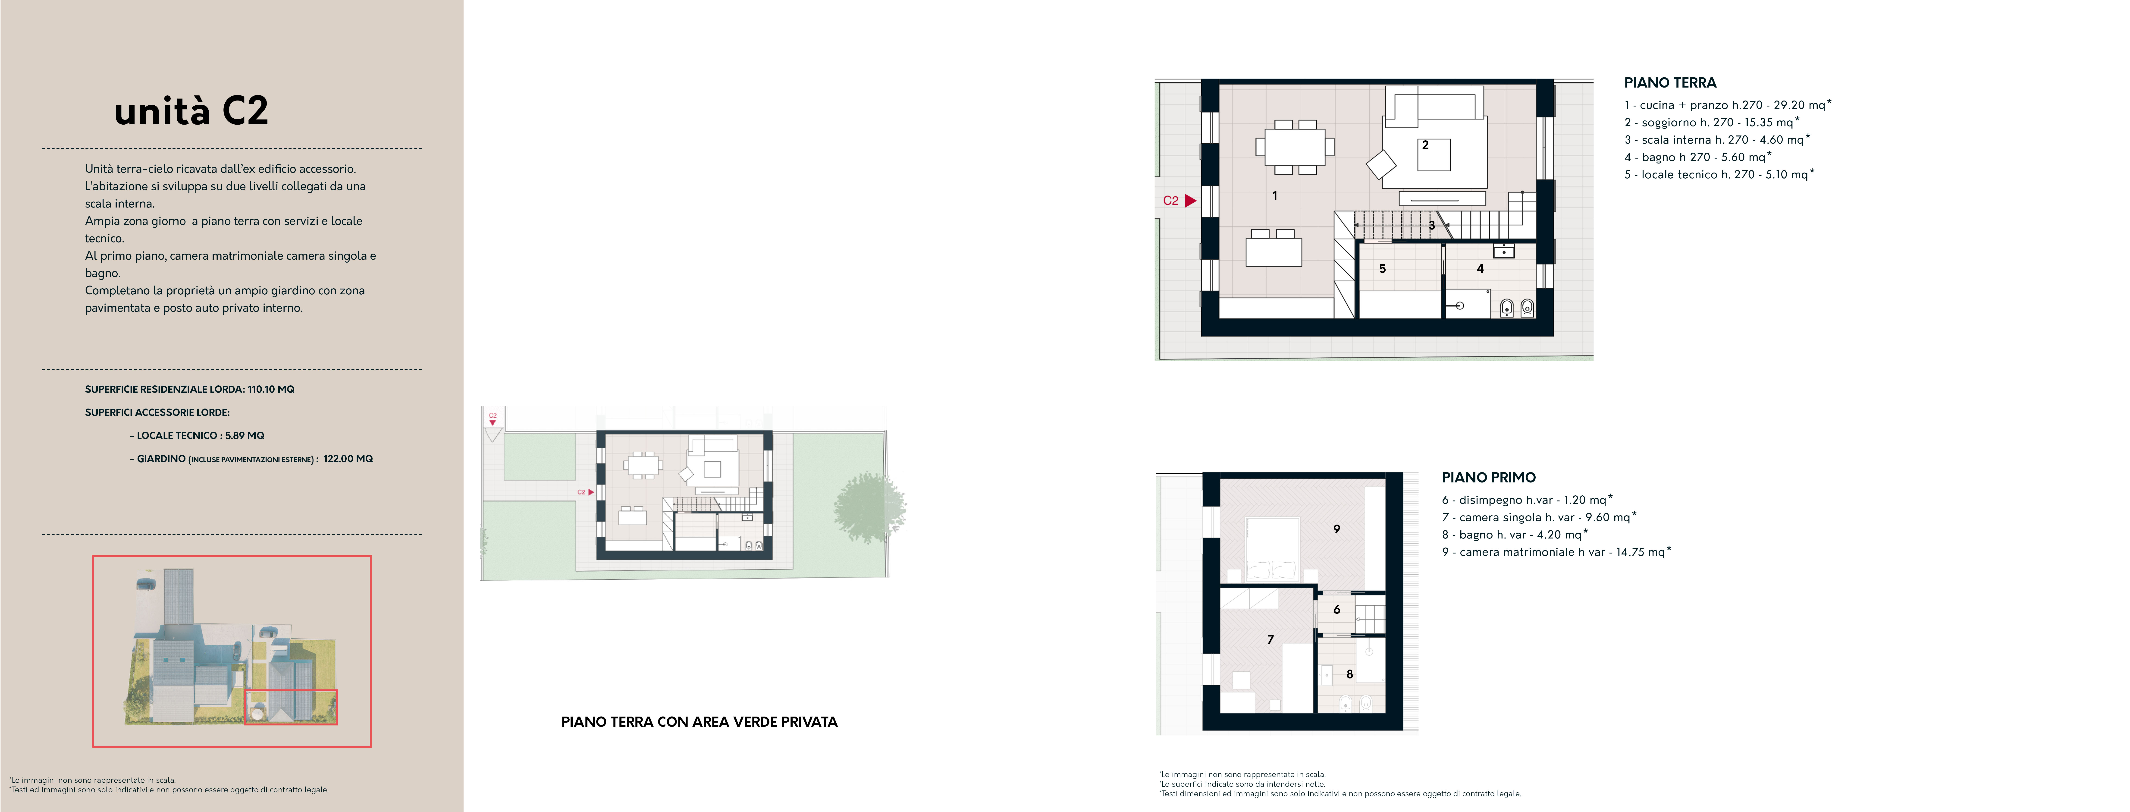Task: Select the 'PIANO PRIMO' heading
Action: point(1488,477)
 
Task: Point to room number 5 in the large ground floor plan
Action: point(1382,269)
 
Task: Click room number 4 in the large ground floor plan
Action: point(1480,269)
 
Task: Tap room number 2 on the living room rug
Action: point(1425,145)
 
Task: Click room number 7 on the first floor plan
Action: point(1270,639)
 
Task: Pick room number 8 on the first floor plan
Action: point(1349,674)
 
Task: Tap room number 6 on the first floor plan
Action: point(1336,609)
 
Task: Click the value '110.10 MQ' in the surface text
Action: point(271,390)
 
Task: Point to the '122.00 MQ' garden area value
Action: point(348,459)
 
